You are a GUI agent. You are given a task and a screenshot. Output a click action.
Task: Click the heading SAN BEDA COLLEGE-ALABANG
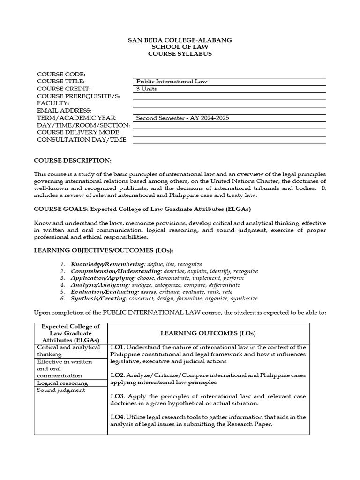click(x=180, y=40)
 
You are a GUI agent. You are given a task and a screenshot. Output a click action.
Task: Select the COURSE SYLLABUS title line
click(x=180, y=53)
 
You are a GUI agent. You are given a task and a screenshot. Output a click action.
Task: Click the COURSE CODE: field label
click(x=61, y=75)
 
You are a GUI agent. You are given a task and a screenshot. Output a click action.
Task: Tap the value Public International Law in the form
click(x=172, y=82)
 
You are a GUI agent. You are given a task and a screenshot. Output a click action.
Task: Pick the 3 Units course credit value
click(x=147, y=89)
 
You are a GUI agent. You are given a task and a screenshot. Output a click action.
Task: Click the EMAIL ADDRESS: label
click(x=64, y=111)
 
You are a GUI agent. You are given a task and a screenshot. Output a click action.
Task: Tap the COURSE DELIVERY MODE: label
click(x=79, y=133)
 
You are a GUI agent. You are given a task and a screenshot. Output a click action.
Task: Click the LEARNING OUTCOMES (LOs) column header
click(x=208, y=333)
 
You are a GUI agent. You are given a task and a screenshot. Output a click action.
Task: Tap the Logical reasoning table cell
click(x=62, y=383)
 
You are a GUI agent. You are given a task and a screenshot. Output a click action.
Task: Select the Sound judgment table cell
click(x=61, y=390)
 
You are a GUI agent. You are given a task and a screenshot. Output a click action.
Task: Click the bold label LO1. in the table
click(x=118, y=347)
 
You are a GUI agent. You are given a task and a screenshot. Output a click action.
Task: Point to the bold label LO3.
click(x=118, y=396)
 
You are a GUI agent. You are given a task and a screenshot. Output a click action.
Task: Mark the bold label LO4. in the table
click(x=118, y=417)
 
